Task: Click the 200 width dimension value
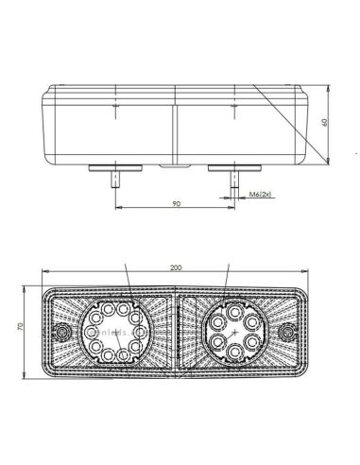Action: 176,269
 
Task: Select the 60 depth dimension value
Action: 326,122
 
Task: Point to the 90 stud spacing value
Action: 176,201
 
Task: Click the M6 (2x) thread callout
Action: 261,195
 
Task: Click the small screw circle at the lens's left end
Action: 62,334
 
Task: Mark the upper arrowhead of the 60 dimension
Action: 320,87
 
